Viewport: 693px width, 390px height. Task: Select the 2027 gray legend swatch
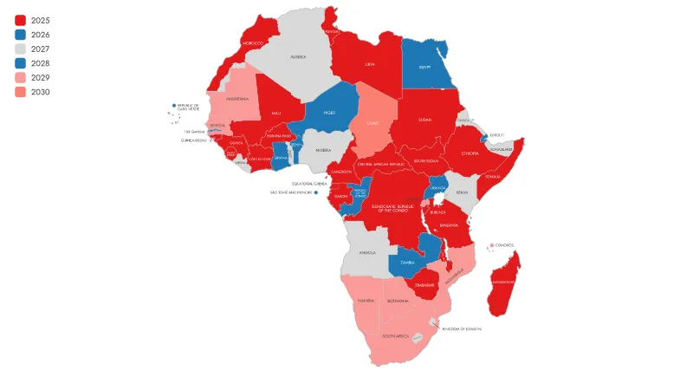tap(21, 49)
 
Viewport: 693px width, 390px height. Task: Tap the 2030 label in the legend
tap(40, 92)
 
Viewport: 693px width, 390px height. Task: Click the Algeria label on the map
tap(298, 57)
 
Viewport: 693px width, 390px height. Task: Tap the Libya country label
tap(370, 63)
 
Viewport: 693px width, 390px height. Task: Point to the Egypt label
tap(424, 67)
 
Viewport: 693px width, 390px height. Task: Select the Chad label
tap(372, 123)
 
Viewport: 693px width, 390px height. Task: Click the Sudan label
tap(424, 120)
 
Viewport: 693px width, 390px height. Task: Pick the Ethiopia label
tap(470, 153)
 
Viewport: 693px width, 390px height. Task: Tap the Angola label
tap(367, 253)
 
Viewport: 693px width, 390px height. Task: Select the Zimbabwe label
tap(424, 284)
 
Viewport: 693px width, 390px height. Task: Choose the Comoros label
tap(504, 245)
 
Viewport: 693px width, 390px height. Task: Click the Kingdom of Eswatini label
tap(461, 328)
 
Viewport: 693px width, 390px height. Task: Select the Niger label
tap(329, 113)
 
